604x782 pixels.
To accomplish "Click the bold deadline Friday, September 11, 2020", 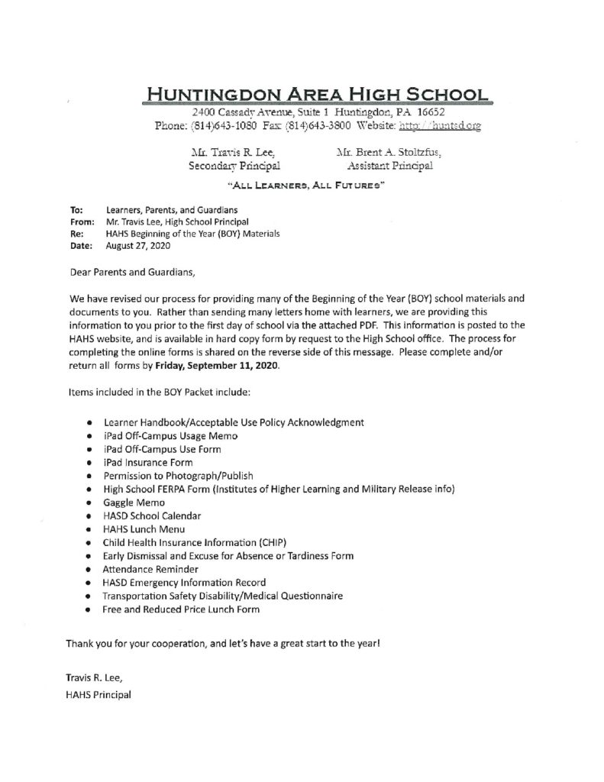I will (x=215, y=367).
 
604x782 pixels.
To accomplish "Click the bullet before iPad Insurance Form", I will (x=90, y=460).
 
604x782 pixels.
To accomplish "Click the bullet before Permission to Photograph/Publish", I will (x=90, y=474).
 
